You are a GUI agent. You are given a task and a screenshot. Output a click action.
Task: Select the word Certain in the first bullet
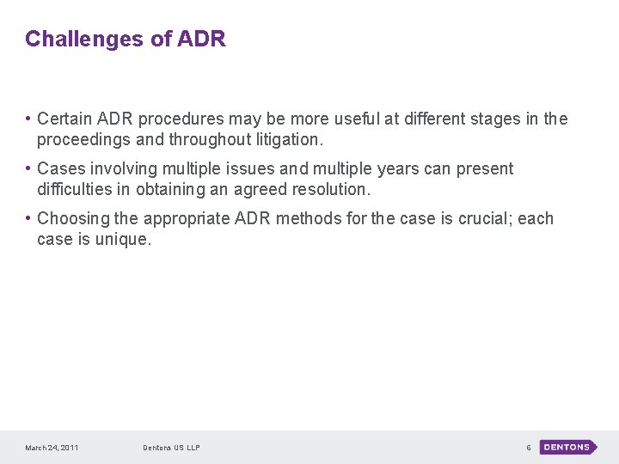pyautogui.click(x=66, y=119)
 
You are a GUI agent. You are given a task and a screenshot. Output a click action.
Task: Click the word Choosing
pyautogui.click(x=73, y=218)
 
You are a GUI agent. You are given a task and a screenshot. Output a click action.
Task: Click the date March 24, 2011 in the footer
pyautogui.click(x=52, y=448)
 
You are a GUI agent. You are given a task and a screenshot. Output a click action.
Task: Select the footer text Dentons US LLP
pyautogui.click(x=171, y=448)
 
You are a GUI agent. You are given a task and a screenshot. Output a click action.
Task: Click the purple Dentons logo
pyautogui.click(x=567, y=447)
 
